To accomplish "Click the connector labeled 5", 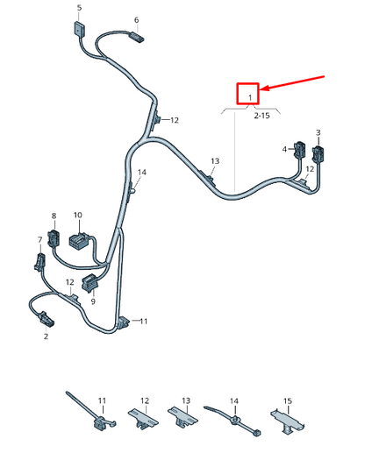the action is [x=79, y=29].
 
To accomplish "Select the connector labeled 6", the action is [x=136, y=37].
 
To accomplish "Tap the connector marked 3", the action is [x=318, y=153].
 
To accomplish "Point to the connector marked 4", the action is [x=300, y=149].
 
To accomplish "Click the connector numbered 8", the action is [x=54, y=238].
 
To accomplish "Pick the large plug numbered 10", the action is [x=79, y=240].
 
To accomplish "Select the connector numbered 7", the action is [x=40, y=261].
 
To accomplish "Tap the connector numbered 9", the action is [x=91, y=283].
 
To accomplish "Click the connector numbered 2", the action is [x=46, y=318].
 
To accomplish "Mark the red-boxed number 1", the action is [x=250, y=97].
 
